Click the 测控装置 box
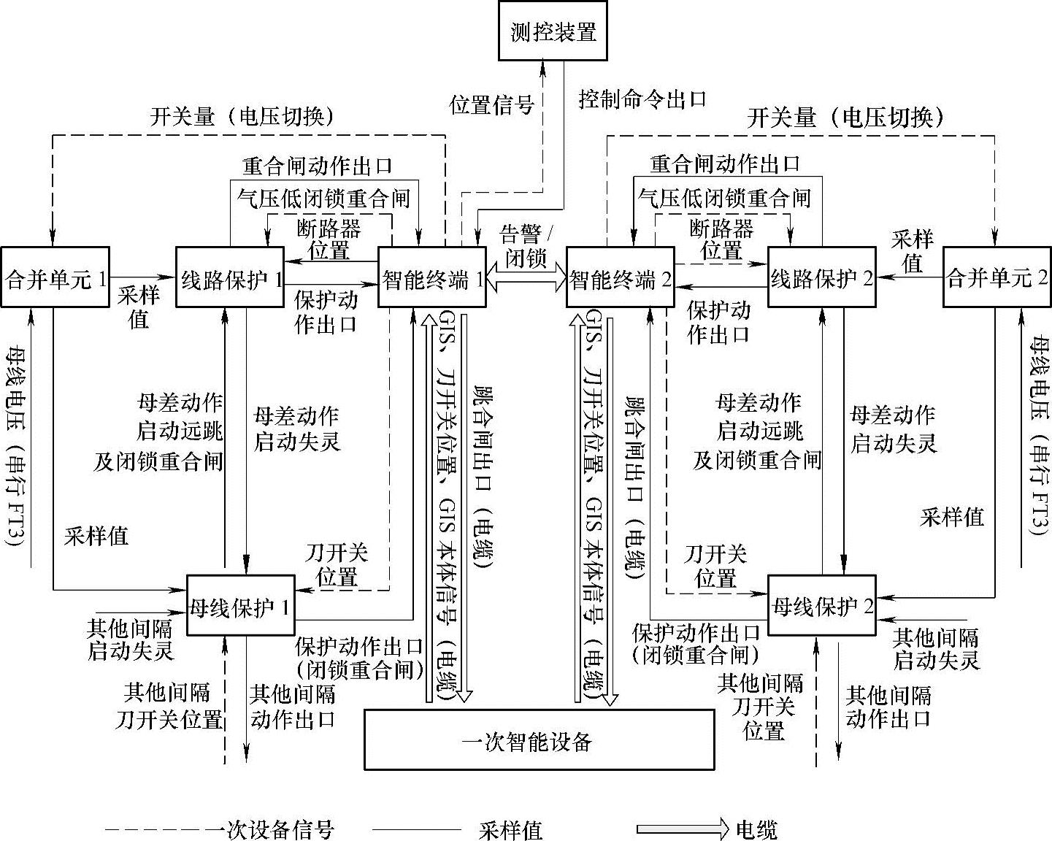pyautogui.click(x=553, y=30)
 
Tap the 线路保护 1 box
pyautogui.click(x=229, y=278)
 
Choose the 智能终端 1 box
pyautogui.click(x=431, y=278)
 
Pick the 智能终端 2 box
pyautogui.click(x=620, y=278)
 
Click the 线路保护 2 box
pyautogui.click(x=821, y=278)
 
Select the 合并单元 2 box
pyautogui.click(x=997, y=278)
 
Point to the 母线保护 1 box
pyautogui.click(x=240, y=606)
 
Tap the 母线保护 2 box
pyautogui.click(x=822, y=606)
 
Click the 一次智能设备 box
pyautogui.click(x=539, y=740)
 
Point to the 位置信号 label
pyautogui.click(x=491, y=105)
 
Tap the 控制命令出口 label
pyautogui.click(x=642, y=99)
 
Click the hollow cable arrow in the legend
pyautogui.click(x=682, y=829)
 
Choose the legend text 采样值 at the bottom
pyautogui.click(x=510, y=830)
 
